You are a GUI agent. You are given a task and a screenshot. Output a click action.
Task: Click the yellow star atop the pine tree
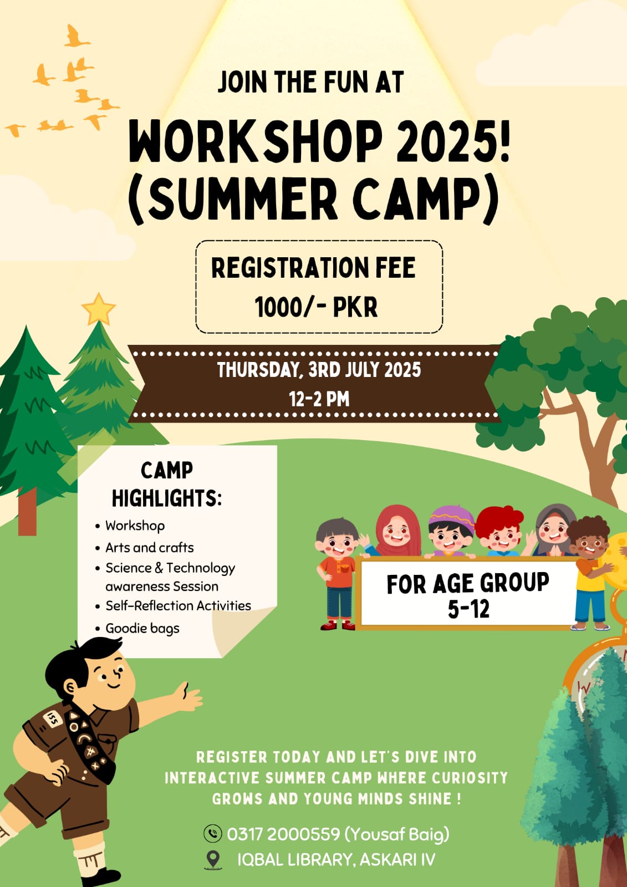click(98, 309)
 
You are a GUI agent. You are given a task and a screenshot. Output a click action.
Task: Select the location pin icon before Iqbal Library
click(213, 860)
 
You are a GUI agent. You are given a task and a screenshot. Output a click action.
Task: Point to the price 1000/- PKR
click(316, 307)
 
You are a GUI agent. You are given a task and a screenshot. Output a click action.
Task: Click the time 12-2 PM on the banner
click(319, 399)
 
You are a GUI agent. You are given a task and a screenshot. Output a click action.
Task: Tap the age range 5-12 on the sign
click(468, 609)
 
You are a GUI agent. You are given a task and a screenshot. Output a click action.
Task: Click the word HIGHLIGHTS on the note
click(166, 498)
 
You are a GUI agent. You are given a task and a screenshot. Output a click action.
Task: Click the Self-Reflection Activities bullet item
click(178, 606)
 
